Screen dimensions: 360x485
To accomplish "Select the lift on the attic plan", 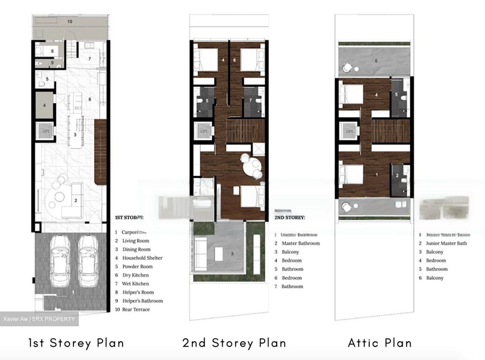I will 349,131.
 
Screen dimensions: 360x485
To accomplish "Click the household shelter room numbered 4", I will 44,105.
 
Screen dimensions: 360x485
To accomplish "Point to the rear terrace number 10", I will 70,22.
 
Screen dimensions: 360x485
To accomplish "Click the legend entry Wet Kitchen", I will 135,284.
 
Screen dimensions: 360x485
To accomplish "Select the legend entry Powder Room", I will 137,266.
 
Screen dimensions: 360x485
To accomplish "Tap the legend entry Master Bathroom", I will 300,243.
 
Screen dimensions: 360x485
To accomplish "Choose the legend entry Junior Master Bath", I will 446,243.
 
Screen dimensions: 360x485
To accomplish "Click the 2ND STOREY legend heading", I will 290,218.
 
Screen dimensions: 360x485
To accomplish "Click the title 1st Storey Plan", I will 76,343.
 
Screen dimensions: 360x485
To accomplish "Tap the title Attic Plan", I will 380,343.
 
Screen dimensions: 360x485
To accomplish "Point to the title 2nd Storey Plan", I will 234,343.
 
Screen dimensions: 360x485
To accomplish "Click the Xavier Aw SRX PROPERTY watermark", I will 39,319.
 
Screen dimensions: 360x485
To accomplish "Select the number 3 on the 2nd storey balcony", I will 232,254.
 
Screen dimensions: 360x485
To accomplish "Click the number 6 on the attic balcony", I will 376,61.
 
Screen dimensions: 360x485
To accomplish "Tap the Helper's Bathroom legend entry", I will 142,301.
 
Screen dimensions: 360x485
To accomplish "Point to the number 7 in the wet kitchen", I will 90,59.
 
